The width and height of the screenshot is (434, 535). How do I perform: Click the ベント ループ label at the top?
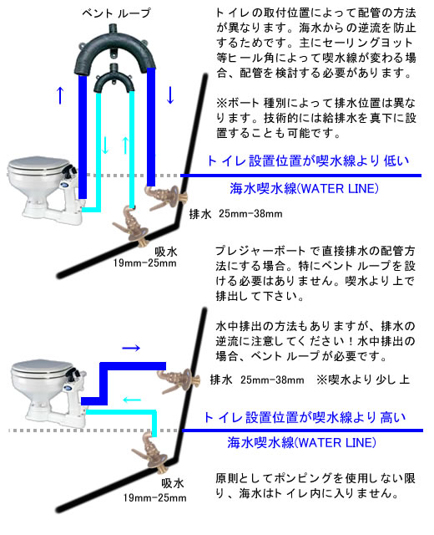tap(116, 13)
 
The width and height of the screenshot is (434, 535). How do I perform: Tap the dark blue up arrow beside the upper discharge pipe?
tap(60, 95)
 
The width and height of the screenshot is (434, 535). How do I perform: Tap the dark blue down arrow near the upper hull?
tap(170, 95)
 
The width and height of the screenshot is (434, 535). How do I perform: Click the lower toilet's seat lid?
tap(42, 367)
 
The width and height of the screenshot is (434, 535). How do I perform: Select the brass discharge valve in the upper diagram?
tap(166, 198)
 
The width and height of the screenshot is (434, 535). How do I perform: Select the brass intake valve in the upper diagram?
tap(132, 225)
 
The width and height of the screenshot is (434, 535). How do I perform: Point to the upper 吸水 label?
tap(166, 252)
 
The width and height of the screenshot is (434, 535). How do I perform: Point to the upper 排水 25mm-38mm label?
tap(235, 214)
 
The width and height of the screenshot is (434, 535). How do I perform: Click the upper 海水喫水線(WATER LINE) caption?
tap(304, 189)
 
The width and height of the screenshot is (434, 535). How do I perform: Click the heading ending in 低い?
tap(308, 160)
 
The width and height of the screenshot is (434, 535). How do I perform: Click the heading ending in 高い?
tap(305, 417)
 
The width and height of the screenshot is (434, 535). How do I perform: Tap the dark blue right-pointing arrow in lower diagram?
tap(131, 348)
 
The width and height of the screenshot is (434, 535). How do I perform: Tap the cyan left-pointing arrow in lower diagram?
tap(132, 400)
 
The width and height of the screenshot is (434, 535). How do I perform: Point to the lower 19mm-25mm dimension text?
tap(155, 498)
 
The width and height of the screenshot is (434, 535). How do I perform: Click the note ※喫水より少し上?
tap(363, 380)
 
